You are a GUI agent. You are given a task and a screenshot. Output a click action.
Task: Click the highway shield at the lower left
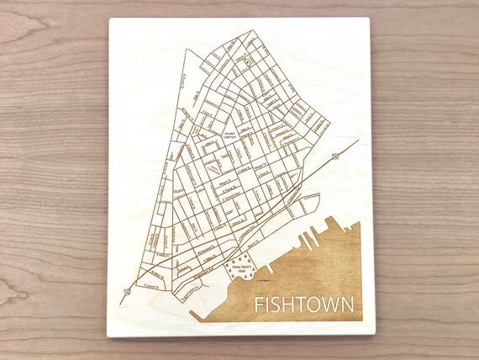126,292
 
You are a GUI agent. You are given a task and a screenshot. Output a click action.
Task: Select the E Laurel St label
153,285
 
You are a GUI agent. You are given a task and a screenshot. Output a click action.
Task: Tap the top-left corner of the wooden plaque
113,18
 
